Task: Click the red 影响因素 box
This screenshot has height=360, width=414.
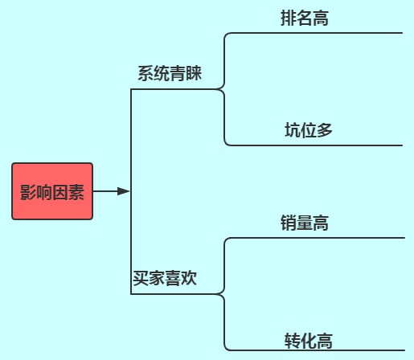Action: click(52, 191)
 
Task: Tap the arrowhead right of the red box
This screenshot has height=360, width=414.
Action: click(124, 191)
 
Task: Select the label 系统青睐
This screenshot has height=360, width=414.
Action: click(170, 73)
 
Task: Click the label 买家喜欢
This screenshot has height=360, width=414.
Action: click(165, 278)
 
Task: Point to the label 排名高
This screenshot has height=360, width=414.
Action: click(305, 18)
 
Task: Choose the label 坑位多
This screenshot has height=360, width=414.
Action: click(309, 130)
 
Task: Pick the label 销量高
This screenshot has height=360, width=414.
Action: click(305, 223)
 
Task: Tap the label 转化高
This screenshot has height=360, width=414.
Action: click(309, 341)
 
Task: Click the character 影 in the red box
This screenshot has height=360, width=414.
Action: click(28, 192)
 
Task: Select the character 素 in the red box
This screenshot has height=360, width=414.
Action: click(76, 192)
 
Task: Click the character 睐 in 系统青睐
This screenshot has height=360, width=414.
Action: click(194, 73)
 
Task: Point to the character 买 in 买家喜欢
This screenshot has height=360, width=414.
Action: click(141, 278)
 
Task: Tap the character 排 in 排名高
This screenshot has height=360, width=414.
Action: click(289, 18)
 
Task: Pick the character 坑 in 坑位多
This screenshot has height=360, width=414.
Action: click(293, 130)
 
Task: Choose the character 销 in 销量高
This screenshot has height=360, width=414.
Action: click(289, 223)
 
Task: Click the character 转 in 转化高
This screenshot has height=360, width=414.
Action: click(293, 341)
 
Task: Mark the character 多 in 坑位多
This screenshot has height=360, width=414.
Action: click(325, 130)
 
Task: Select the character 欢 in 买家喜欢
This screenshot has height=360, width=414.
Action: click(189, 278)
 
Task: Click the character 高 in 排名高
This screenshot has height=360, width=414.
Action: click(321, 18)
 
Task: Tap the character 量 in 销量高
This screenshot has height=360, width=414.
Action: click(305, 223)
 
